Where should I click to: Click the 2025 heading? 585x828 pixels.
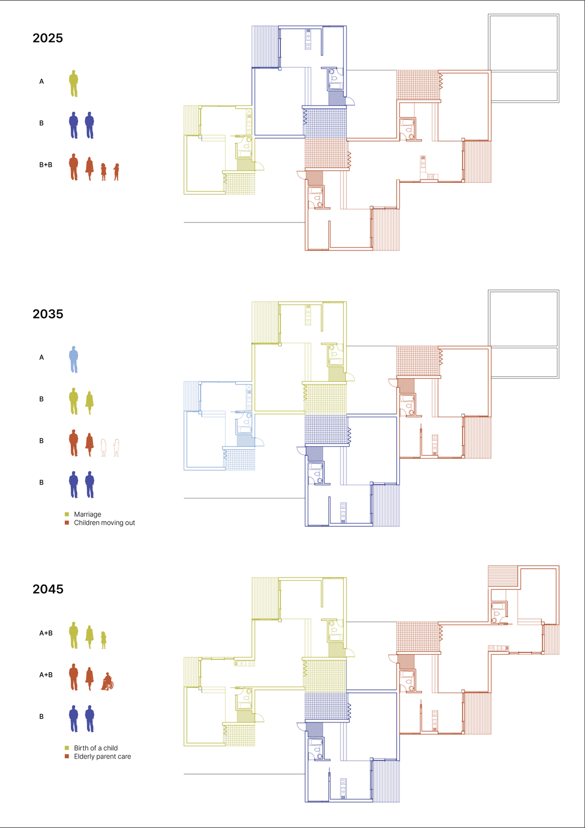(x=48, y=38)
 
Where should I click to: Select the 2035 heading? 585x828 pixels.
(x=48, y=314)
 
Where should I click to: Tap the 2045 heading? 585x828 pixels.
(x=48, y=589)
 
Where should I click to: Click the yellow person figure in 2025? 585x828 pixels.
(x=73, y=83)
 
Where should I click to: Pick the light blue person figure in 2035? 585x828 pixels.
(x=73, y=359)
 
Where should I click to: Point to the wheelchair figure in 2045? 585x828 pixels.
(x=108, y=682)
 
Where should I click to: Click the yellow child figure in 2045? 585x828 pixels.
(x=103, y=640)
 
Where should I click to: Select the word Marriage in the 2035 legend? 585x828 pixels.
(x=87, y=514)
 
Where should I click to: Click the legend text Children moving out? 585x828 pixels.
(x=104, y=523)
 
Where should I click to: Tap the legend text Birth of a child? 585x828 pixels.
(x=96, y=748)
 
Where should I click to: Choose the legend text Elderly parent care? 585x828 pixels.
(x=102, y=757)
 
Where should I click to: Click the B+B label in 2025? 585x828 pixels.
(x=46, y=165)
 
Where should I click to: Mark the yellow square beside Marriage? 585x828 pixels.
(x=67, y=514)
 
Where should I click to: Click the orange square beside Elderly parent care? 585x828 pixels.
(x=67, y=757)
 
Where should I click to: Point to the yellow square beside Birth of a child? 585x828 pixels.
(x=67, y=748)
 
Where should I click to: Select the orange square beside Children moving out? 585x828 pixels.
(x=67, y=523)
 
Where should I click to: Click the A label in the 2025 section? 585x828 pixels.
(x=41, y=82)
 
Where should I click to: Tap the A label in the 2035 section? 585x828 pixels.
(x=41, y=358)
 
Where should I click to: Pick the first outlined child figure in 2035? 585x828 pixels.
(x=103, y=448)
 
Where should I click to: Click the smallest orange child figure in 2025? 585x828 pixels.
(x=116, y=172)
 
